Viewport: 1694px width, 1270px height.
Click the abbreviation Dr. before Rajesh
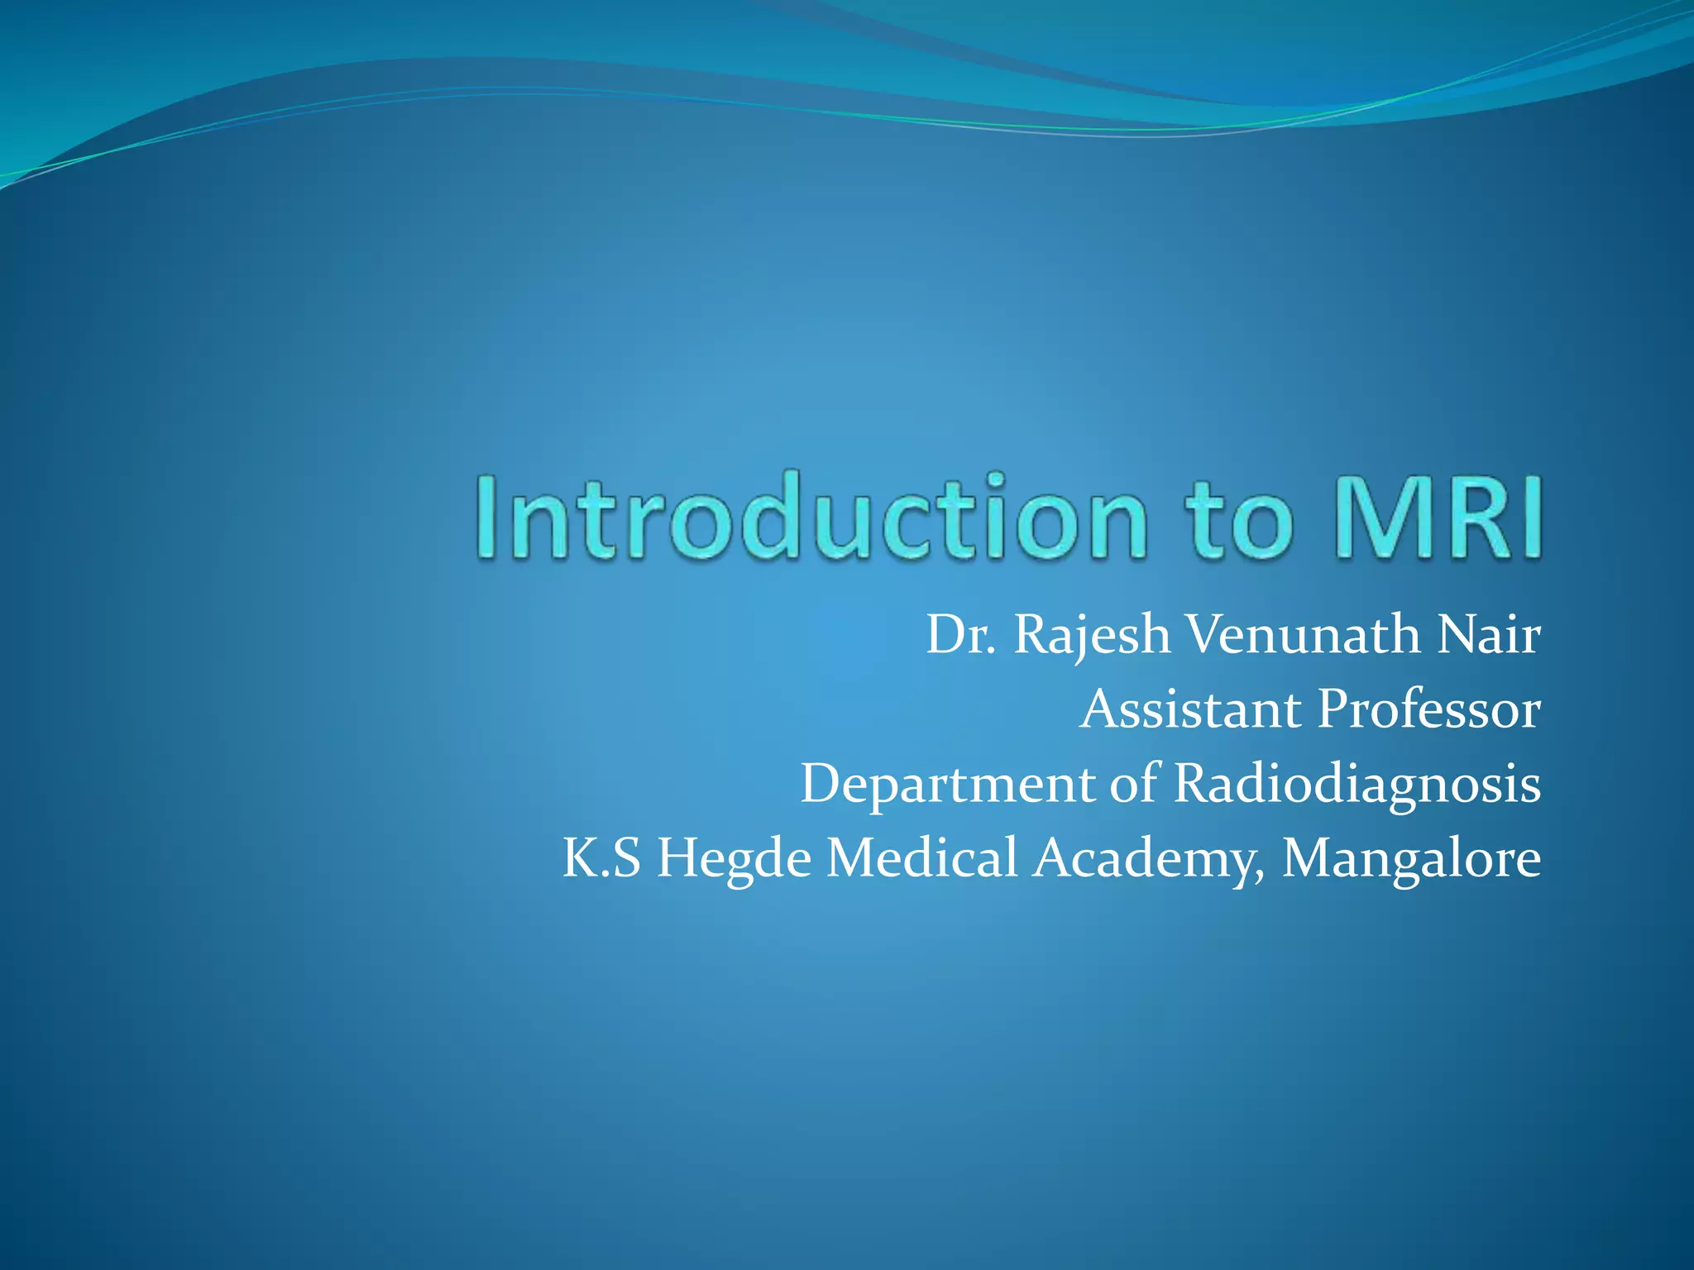pyautogui.click(x=960, y=635)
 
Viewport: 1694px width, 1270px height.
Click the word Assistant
pyautogui.click(x=1191, y=709)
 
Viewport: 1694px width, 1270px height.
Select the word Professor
pyautogui.click(x=1428, y=709)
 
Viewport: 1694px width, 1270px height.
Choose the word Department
pyautogui.click(x=947, y=784)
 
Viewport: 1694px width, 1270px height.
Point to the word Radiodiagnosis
pyautogui.click(x=1357, y=784)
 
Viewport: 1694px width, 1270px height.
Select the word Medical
pyautogui.click(x=922, y=858)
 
